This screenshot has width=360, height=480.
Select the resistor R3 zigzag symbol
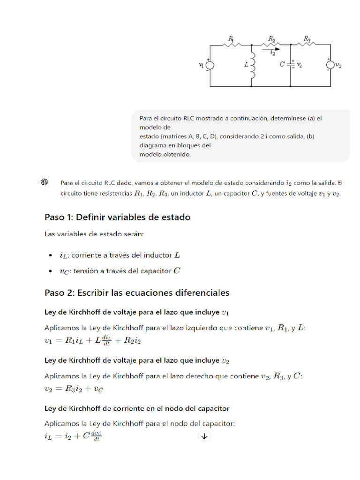click(x=307, y=45)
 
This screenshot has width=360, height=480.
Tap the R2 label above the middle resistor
click(x=271, y=38)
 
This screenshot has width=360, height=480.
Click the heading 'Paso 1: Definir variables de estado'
click(x=117, y=217)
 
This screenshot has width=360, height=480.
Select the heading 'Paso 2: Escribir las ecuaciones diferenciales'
click(x=137, y=292)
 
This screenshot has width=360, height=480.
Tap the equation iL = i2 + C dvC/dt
click(x=73, y=436)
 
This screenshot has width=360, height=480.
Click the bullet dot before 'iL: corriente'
click(x=51, y=255)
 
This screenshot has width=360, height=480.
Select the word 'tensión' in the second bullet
click(x=84, y=270)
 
